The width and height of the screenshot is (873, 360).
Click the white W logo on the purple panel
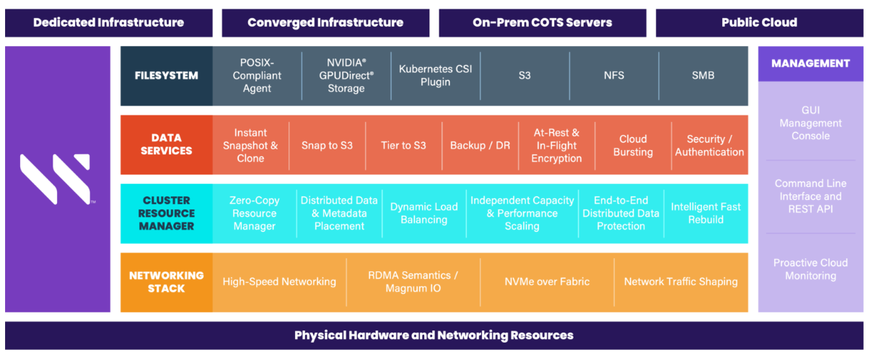pos(56,179)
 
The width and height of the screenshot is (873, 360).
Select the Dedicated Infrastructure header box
pos(108,22)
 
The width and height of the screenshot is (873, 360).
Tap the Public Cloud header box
pos(759,22)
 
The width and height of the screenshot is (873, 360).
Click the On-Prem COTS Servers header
pos(542,22)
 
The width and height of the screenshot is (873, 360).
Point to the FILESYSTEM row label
pos(166,76)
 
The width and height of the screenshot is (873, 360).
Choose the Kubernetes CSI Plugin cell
pos(435,76)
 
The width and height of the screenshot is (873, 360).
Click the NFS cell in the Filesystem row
pos(614,76)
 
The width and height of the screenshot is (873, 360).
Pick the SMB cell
pos(703,76)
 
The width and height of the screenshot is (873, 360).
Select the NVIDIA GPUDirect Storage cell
pos(346,76)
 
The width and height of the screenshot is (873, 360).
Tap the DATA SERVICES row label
pos(166,144)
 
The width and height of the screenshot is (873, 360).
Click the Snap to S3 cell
pos(327,145)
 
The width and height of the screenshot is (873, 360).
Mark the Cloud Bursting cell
pos(633,145)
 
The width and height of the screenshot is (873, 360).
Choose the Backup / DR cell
pos(480,145)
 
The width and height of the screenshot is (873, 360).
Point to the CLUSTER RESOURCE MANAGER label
pos(166,214)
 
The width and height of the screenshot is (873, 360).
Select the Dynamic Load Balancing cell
pos(424,214)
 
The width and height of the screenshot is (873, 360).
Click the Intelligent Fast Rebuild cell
pos(706,214)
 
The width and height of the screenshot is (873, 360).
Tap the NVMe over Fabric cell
pos(547,282)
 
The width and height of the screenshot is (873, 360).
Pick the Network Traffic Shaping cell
pos(680,282)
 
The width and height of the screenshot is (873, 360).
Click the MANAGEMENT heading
pos(810,63)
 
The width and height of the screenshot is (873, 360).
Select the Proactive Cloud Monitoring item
pos(810,269)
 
